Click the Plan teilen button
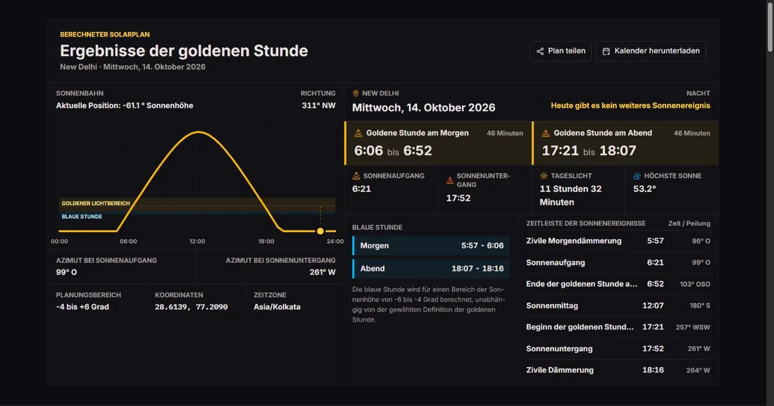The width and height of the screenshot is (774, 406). coord(561,51)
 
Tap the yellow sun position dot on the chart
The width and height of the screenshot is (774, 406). coord(321,231)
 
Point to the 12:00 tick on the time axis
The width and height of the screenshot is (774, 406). coord(197,241)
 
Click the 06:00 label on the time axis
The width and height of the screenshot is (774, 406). coord(128,241)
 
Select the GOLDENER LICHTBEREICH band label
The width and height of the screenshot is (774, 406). coord(95,204)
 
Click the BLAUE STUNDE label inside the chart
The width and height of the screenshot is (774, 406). coord(82,217)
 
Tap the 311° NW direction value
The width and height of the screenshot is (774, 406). coord(319,106)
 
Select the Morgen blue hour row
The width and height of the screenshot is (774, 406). coord(431,246)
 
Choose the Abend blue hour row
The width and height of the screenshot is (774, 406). coord(431,269)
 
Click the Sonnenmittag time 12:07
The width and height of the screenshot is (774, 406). coord(653,305)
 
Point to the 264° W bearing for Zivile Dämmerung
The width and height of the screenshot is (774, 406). coord(698,370)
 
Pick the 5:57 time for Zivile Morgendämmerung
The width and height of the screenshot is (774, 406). coord(655,241)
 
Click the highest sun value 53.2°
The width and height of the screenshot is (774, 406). coord(644,189)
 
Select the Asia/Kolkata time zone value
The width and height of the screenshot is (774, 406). coord(277,307)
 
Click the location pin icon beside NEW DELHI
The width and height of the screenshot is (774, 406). coord(355,93)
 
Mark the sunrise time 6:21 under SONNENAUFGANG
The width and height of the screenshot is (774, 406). coord(361,189)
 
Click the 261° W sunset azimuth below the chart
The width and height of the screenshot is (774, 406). coord(322,273)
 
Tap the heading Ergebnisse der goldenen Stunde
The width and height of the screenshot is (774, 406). coord(184,51)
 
